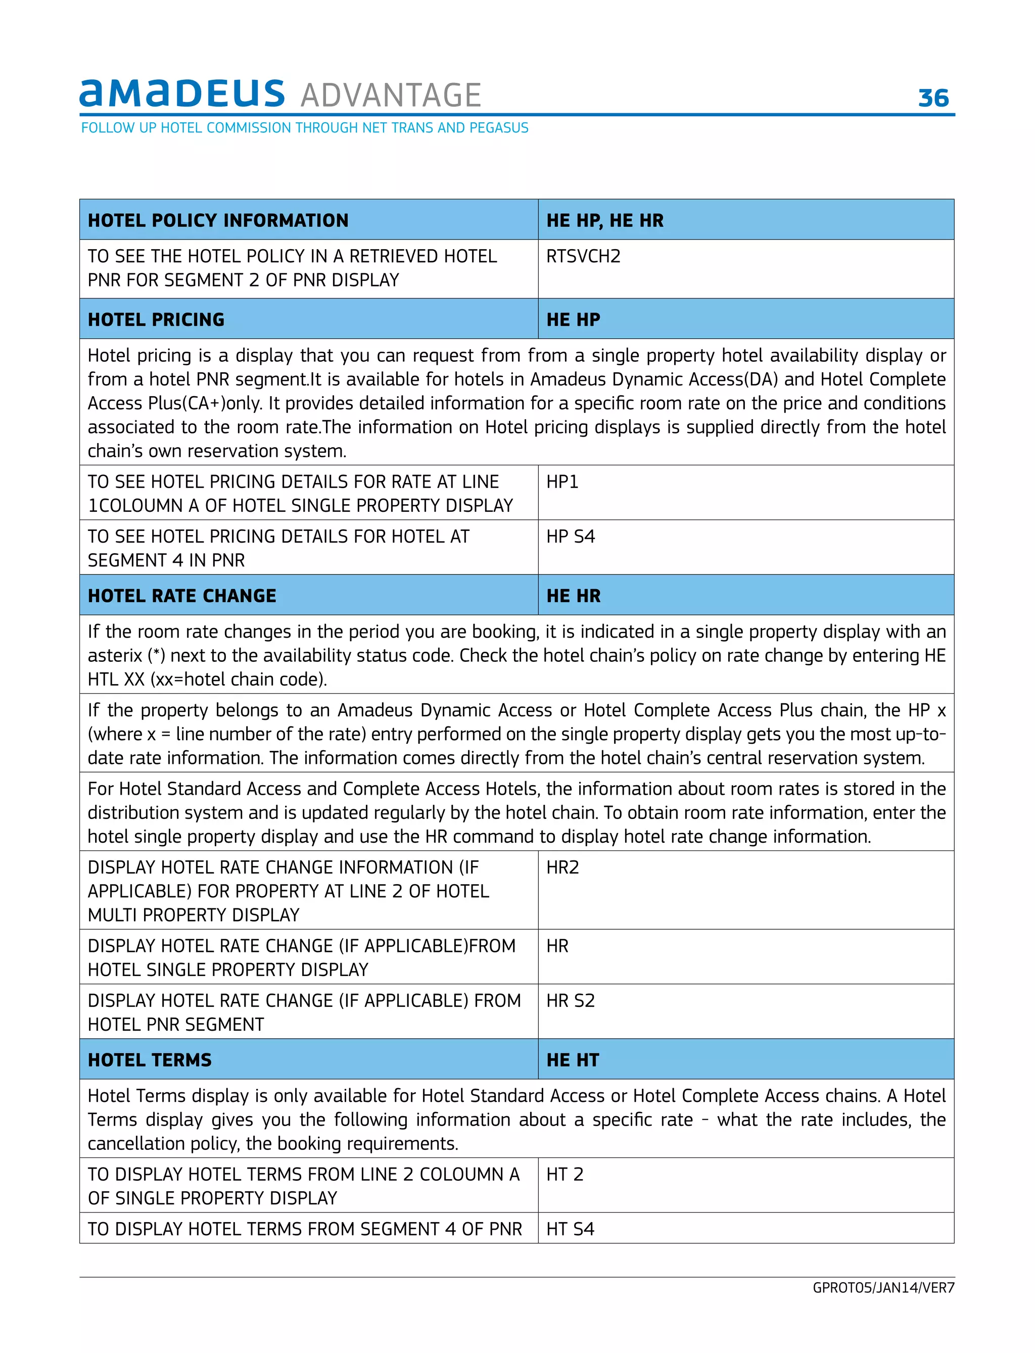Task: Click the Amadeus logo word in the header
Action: click(182, 93)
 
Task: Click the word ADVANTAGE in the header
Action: click(391, 95)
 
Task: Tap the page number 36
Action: click(933, 98)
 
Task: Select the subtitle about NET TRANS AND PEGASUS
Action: click(304, 128)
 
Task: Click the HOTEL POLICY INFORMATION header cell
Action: click(218, 220)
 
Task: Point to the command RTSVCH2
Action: click(583, 256)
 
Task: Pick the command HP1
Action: click(562, 481)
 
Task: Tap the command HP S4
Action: click(570, 537)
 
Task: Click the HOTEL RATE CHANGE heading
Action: click(182, 596)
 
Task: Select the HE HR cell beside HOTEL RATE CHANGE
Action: click(573, 596)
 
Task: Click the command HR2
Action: click(562, 867)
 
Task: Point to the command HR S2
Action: click(570, 1001)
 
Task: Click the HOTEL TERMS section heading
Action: click(150, 1060)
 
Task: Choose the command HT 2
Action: click(564, 1175)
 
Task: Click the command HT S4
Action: click(570, 1229)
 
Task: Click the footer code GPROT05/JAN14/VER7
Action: click(883, 1288)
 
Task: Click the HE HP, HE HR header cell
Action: click(604, 220)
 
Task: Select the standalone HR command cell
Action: click(557, 946)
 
